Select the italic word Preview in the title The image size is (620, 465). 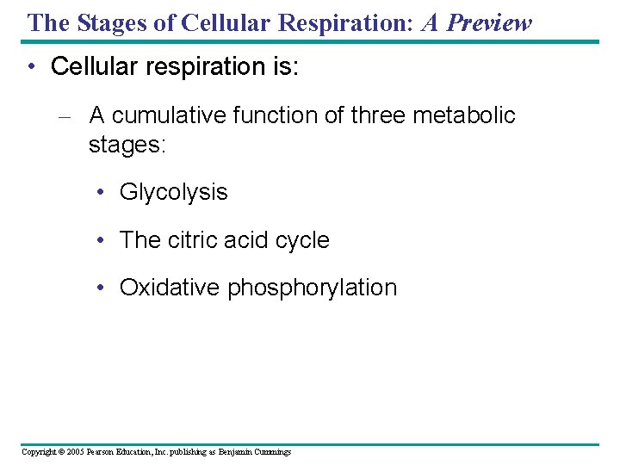click(x=489, y=22)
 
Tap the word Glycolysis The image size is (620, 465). click(x=173, y=192)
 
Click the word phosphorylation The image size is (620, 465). click(x=312, y=288)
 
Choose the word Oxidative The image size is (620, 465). click(x=170, y=288)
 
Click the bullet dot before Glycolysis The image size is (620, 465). click(x=102, y=193)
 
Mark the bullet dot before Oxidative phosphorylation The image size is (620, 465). click(x=102, y=288)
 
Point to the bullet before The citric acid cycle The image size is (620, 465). click(x=102, y=240)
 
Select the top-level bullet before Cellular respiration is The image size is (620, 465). click(x=32, y=67)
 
